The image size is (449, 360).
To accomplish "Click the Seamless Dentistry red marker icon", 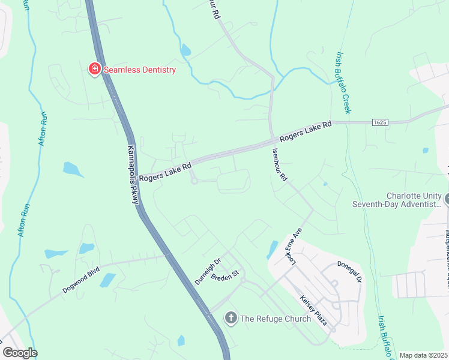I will (x=94, y=70).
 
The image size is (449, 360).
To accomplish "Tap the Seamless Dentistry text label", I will (x=140, y=70).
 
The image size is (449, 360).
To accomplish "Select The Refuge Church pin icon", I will (x=231, y=318).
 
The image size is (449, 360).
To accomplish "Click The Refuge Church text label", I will (x=276, y=319).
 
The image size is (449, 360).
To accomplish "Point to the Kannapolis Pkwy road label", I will (x=133, y=175).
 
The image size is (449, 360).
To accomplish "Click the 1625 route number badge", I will (x=379, y=122).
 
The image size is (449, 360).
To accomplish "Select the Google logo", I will (x=20, y=353).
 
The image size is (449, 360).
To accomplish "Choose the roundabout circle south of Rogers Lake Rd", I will (x=194, y=181).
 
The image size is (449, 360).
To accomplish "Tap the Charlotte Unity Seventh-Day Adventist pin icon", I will (x=447, y=198).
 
